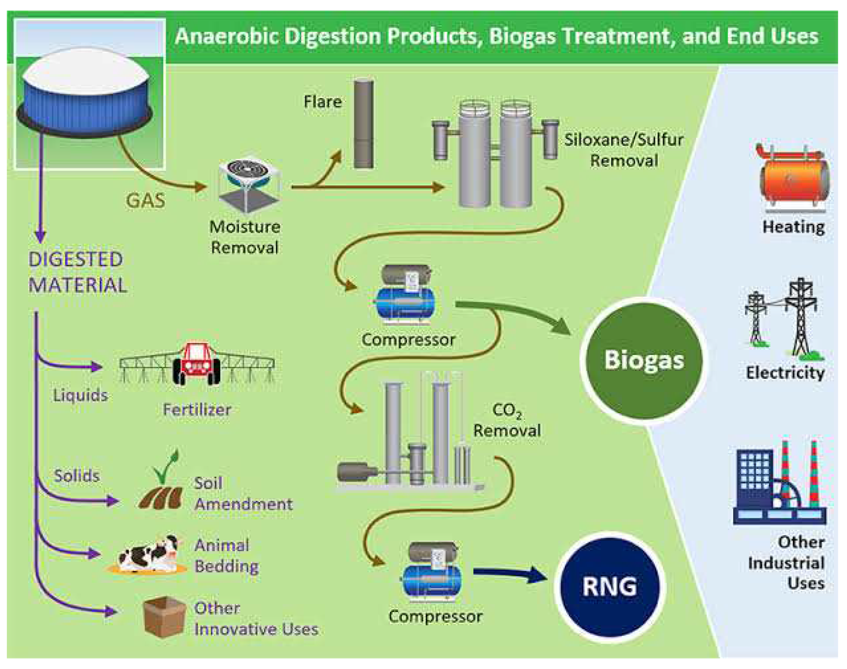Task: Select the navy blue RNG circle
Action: coord(609,586)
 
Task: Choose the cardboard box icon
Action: coord(164,617)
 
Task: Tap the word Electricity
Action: coord(785,372)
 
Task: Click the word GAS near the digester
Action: coord(145,200)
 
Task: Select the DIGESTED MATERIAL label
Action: coord(77,272)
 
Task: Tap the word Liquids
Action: coord(80,395)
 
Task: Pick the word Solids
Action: coord(77,476)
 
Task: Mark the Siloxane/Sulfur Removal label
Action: coord(624,150)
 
